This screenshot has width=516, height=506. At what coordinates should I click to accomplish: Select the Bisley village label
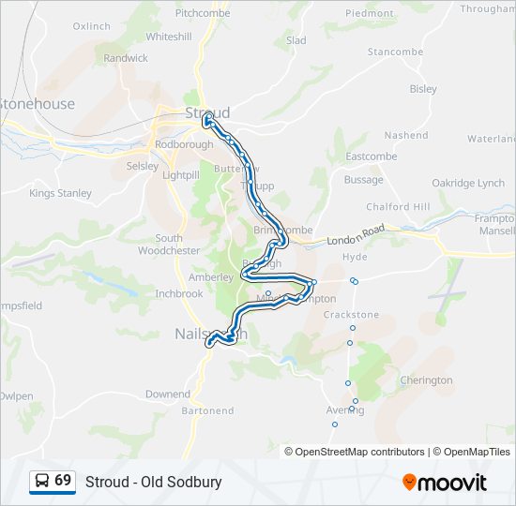tap(423, 89)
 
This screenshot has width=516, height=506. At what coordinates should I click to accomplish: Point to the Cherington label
tap(426, 380)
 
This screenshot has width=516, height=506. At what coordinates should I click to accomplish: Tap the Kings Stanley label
tap(60, 193)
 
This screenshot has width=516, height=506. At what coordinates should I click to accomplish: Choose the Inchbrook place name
tap(178, 293)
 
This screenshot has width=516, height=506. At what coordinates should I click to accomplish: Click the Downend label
tap(168, 394)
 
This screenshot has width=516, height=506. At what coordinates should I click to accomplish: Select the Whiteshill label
tap(169, 37)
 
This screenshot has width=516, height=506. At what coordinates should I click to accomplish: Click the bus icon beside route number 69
tap(41, 481)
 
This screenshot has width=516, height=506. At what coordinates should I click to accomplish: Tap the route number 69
tap(63, 480)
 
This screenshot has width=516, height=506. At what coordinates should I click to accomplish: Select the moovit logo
tap(445, 483)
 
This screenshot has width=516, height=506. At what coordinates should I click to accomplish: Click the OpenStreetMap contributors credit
tap(359, 452)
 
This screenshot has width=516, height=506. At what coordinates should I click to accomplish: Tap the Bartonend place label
tap(207, 410)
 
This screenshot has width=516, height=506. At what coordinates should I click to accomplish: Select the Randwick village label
tap(126, 58)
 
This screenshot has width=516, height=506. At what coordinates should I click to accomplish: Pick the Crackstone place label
tap(351, 315)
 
